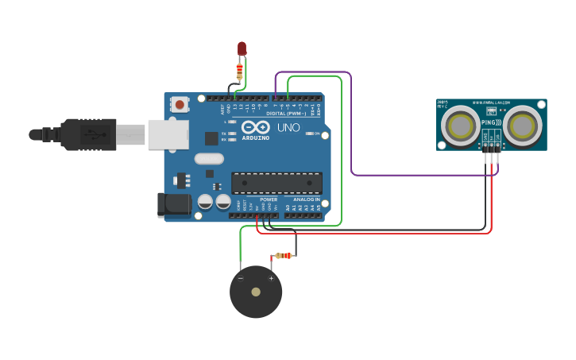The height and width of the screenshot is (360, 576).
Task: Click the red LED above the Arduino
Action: [242, 48]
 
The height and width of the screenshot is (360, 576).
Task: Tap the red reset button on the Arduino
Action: [180, 104]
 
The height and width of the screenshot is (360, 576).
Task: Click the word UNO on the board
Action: [288, 127]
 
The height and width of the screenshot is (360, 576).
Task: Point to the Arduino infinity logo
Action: [256, 127]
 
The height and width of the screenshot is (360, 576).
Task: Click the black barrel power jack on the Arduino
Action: [175, 204]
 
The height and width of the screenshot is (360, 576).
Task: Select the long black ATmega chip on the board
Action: [276, 183]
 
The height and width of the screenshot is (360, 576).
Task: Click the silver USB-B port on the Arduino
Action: [168, 134]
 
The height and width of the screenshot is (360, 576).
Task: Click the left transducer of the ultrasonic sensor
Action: [461, 126]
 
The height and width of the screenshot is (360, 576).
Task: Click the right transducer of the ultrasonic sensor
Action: [521, 126]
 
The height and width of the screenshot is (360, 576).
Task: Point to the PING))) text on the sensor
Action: [490, 123]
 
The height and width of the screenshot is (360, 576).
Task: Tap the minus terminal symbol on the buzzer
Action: [241, 278]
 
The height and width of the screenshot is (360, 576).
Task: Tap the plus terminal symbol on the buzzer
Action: [271, 278]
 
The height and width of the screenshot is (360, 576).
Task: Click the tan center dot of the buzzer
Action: [256, 292]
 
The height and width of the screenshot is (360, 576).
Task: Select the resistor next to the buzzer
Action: [284, 256]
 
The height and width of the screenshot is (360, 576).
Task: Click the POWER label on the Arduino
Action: [269, 199]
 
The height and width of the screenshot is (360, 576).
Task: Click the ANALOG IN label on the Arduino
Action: [306, 199]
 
